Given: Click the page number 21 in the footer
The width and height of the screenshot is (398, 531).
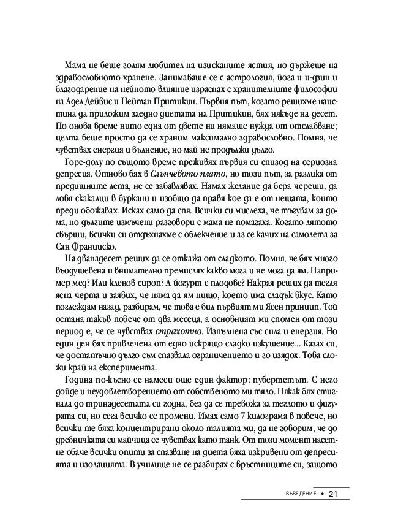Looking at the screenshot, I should point(334,494).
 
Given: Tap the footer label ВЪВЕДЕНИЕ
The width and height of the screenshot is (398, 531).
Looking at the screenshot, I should point(296,494).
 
